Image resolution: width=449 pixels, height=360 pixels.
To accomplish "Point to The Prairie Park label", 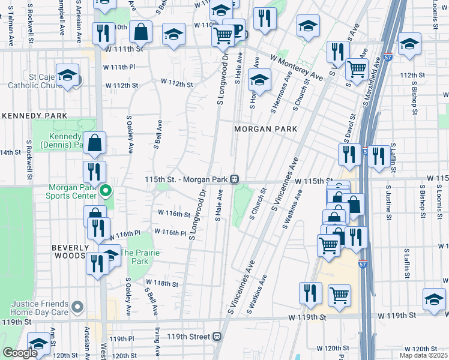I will [x=140, y=257].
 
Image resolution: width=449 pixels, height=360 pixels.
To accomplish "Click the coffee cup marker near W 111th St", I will [x=233, y=31].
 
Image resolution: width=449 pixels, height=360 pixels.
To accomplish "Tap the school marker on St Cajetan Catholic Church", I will [x=67, y=75].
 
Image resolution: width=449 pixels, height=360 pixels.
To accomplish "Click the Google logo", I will [x=20, y=353].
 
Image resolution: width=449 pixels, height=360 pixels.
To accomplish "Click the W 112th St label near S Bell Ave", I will [x=176, y=84].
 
